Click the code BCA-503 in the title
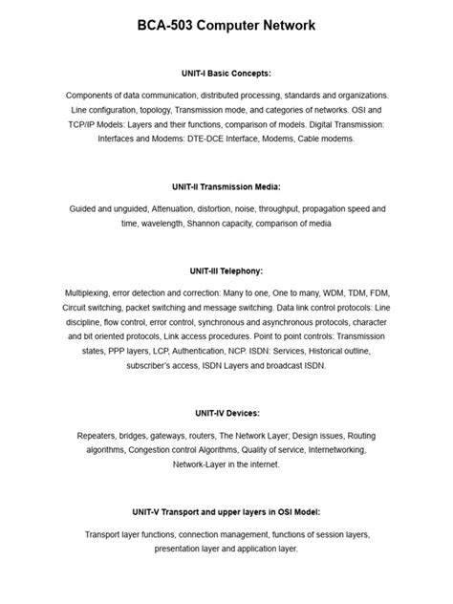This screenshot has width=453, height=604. point(171,26)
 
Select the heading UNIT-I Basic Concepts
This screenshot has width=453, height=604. point(226,73)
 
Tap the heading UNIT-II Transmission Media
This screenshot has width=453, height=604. point(226,186)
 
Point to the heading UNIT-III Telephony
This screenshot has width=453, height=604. point(226,270)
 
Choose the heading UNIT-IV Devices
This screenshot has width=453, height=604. point(226,413)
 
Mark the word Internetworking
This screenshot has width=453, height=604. point(324,449)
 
